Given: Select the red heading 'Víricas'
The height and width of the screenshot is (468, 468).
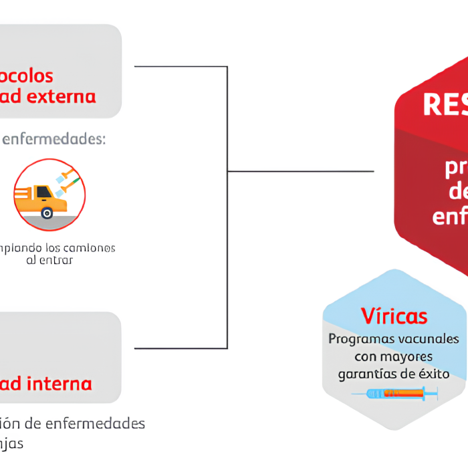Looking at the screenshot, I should coord(394,316).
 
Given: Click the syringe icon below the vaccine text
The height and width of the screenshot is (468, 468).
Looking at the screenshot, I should coord(394,394).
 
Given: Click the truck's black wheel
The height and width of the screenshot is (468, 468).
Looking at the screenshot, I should coord(46,213).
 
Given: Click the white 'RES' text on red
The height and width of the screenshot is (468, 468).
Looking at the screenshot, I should coord(445,105).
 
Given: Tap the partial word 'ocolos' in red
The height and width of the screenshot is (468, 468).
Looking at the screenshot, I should coord(27,76).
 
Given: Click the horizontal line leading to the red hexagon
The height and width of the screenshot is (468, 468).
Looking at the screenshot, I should coord(301,171).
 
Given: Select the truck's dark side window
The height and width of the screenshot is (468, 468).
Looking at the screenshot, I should coord(43,192).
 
